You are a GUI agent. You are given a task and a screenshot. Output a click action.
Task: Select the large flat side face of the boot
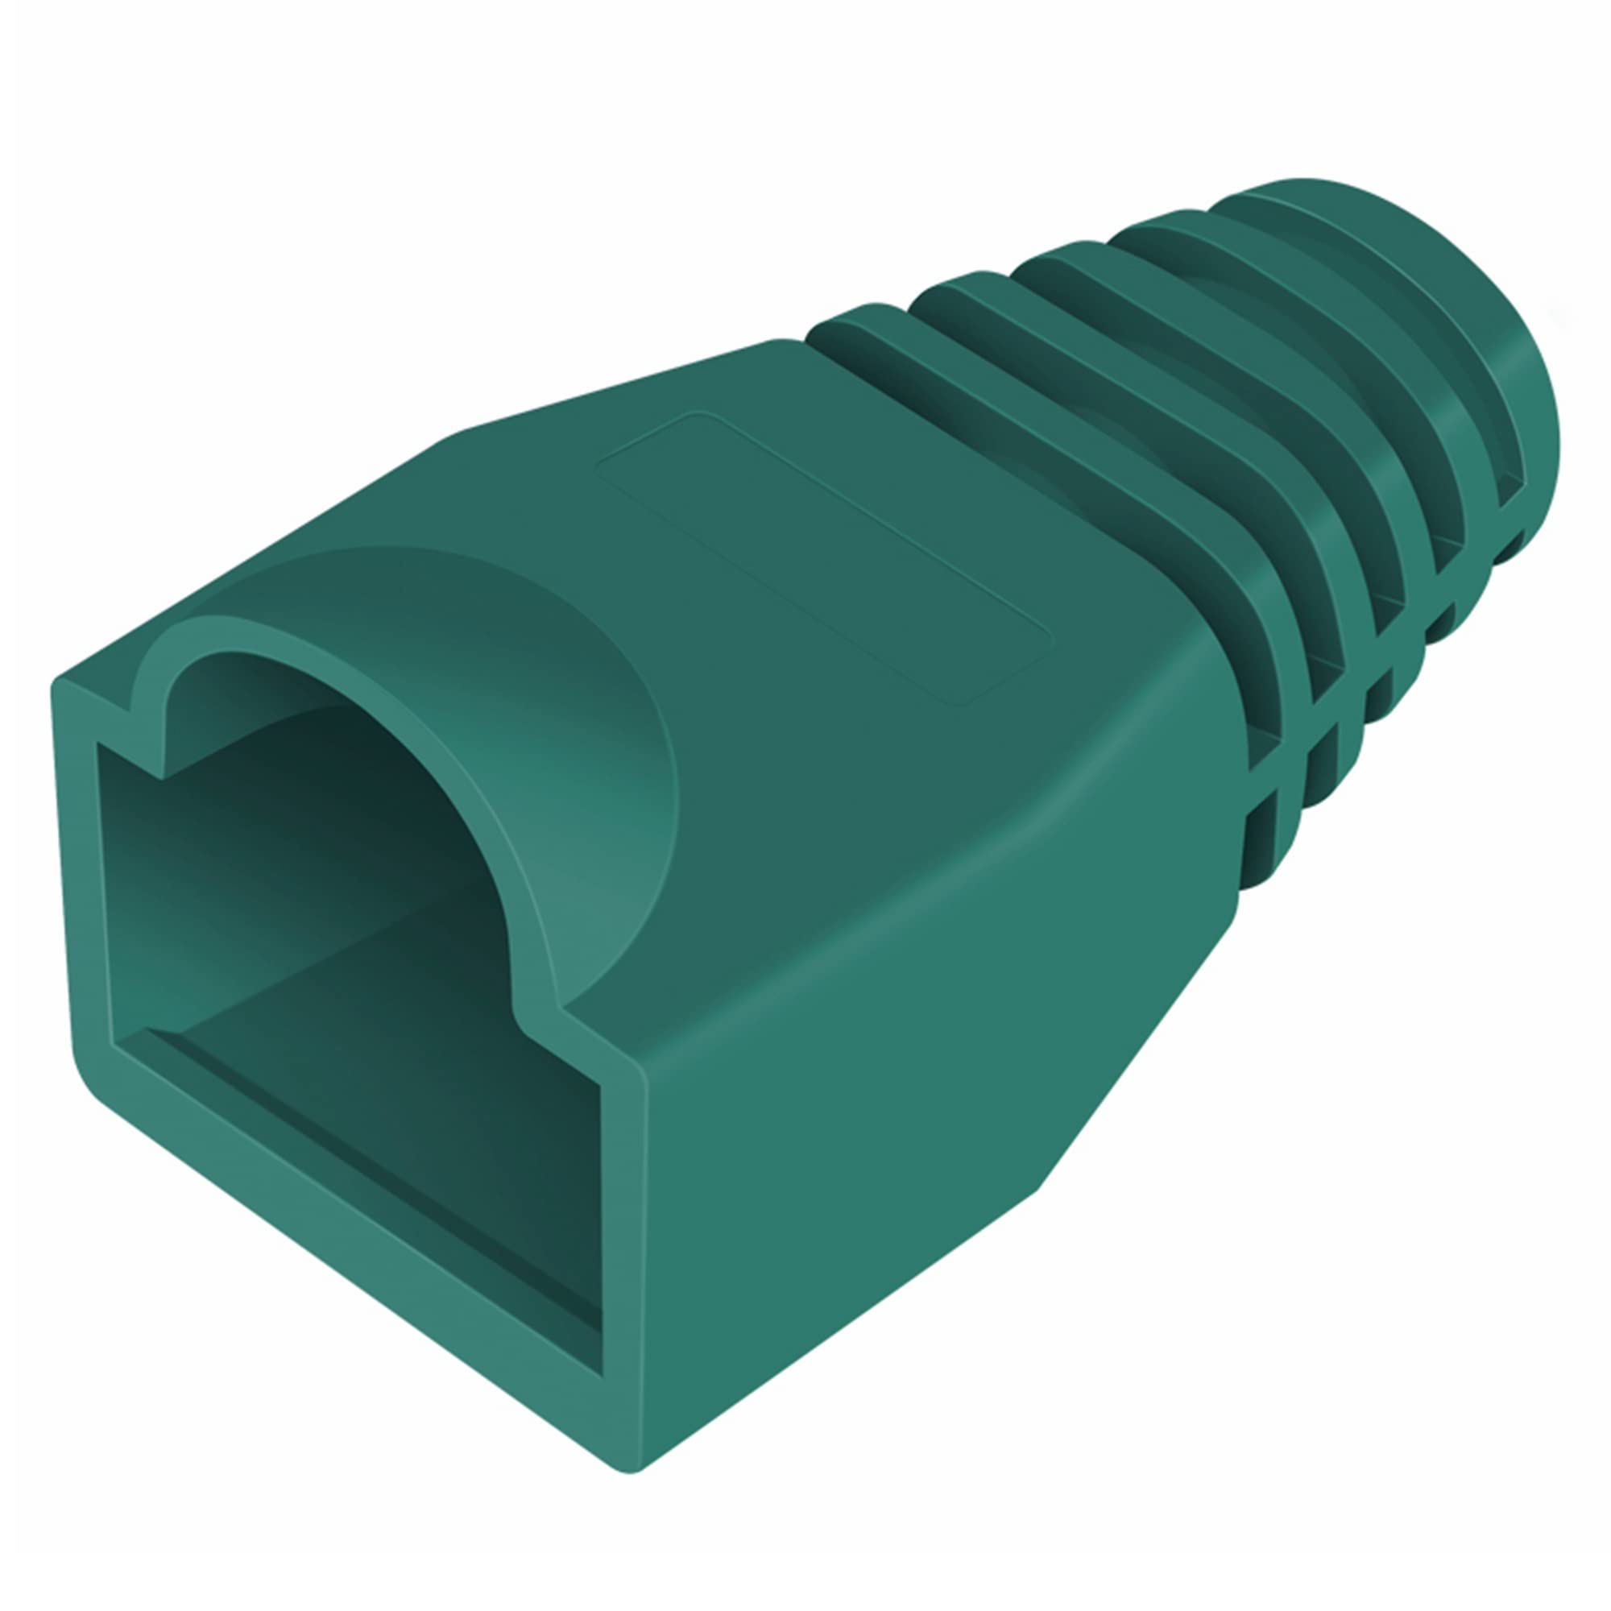tap(876, 1126)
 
